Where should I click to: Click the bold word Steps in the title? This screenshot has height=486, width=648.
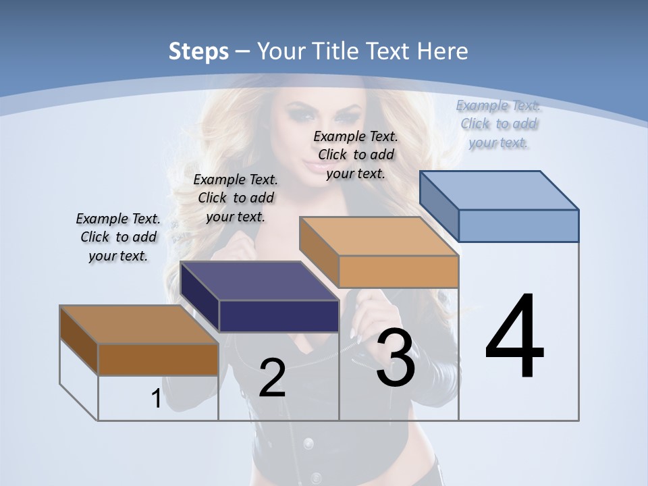tap(198, 51)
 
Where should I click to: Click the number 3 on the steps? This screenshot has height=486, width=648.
tap(396, 358)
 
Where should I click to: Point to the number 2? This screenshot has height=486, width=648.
tap(272, 378)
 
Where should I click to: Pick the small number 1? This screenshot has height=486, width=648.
tap(156, 399)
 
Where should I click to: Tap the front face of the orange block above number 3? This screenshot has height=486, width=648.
tap(398, 272)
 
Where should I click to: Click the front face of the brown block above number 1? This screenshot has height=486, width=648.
tap(158, 359)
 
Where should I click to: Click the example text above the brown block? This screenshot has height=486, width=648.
tap(118, 237)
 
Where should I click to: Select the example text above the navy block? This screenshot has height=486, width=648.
tap(236, 198)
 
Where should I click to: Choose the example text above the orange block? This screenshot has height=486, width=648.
tap(356, 155)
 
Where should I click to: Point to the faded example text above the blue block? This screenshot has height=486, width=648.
tap(499, 124)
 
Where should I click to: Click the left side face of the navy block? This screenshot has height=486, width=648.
tap(200, 297)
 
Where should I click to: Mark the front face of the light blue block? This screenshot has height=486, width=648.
tap(518, 225)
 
